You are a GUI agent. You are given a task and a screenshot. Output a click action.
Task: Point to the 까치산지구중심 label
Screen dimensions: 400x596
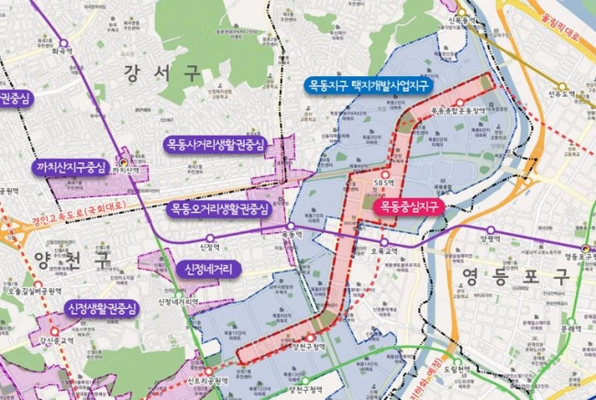click(x=71, y=170)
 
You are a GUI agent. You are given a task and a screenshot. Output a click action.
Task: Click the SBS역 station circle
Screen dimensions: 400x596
click(x=386, y=172)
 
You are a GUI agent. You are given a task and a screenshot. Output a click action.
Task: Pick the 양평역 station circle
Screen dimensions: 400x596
click(x=491, y=229)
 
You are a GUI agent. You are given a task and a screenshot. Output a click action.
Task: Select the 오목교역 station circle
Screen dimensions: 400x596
click(x=386, y=243)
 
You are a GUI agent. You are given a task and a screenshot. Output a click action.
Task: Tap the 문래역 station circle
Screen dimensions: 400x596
click(x=573, y=317)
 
